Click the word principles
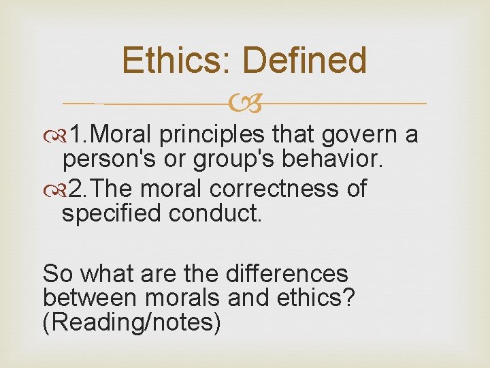[x=213, y=136]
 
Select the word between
[x=88, y=298]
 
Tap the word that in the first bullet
[x=291, y=136]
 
